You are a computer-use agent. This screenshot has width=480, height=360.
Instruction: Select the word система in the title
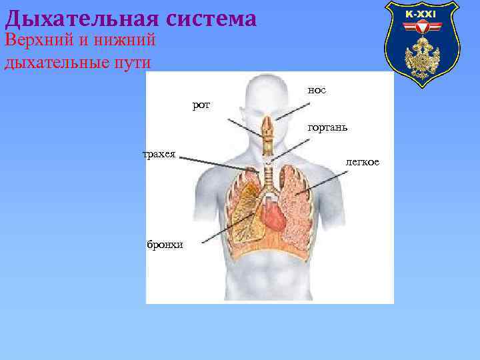click(x=211, y=18)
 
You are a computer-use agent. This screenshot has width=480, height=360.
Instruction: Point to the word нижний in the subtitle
click(x=127, y=41)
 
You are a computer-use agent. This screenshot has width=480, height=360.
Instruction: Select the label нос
click(x=317, y=89)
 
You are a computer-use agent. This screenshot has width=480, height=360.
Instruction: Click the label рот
click(x=201, y=105)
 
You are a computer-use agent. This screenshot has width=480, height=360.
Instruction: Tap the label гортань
click(x=327, y=127)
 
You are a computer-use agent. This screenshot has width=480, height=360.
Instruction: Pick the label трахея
click(x=159, y=155)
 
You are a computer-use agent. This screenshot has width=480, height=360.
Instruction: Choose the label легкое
click(x=362, y=162)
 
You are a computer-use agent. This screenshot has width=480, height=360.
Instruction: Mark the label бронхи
click(x=165, y=245)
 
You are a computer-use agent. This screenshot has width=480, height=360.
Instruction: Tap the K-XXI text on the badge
click(x=421, y=14)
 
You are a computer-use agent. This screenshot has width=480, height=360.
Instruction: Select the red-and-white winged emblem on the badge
click(x=421, y=28)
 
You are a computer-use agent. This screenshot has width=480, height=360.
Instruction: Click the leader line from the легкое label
click(x=323, y=182)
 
